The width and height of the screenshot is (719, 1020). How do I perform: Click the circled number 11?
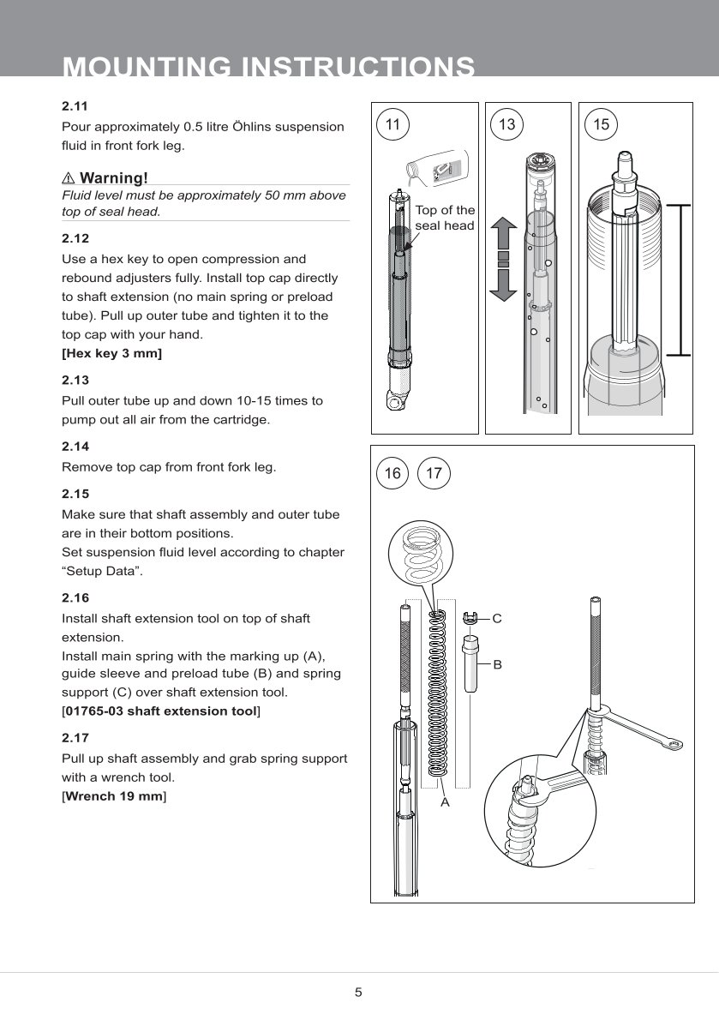(392, 125)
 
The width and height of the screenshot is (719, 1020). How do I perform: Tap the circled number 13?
(506, 125)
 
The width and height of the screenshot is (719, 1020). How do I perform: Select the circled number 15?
(601, 125)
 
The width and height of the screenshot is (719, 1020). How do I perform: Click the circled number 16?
(392, 473)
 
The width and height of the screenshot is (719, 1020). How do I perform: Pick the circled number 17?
(434, 473)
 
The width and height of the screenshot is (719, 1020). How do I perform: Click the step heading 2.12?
(75, 237)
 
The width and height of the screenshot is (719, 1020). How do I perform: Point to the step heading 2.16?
(75, 597)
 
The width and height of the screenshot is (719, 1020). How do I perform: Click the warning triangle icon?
(69, 178)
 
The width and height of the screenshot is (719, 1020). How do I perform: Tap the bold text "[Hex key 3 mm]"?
(111, 353)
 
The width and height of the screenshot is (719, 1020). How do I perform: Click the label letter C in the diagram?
(496, 617)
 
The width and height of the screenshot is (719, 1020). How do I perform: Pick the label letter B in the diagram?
(496, 664)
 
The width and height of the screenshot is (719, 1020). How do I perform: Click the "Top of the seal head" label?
(444, 218)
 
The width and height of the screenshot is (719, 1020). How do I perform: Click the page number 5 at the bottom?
(359, 993)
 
